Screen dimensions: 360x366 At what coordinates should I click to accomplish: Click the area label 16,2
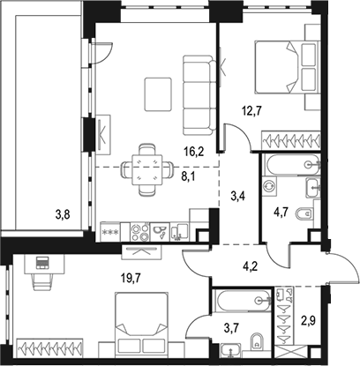(x=192, y=152)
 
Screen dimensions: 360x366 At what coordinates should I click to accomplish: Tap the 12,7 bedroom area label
(x=251, y=111)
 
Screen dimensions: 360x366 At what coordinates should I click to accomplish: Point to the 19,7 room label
(x=131, y=277)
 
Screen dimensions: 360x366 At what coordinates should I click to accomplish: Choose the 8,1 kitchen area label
(x=189, y=177)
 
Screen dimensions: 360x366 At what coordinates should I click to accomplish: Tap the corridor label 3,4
(x=238, y=196)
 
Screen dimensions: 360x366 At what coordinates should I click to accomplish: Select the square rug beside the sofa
(x=158, y=94)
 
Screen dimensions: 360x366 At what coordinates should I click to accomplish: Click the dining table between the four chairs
(x=147, y=170)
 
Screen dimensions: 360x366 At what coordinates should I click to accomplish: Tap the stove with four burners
(x=139, y=233)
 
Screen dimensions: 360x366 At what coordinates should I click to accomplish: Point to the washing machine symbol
(x=270, y=186)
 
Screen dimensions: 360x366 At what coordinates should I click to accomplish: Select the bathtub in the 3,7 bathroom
(x=242, y=300)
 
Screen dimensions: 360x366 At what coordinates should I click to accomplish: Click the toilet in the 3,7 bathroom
(x=258, y=342)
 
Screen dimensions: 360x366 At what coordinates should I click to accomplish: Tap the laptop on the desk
(x=42, y=262)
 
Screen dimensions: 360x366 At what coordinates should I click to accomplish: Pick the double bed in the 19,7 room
(x=142, y=325)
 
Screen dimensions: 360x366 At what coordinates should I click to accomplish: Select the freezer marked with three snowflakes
(x=110, y=232)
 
